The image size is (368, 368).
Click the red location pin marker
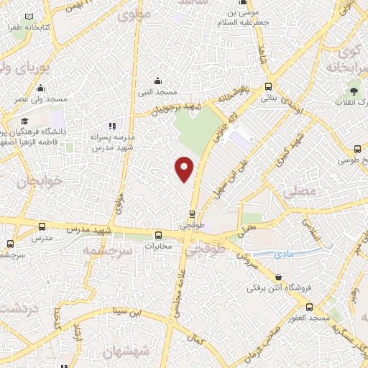(185, 168)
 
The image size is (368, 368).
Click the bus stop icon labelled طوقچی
(192, 213)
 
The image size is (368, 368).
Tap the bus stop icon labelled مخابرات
(159, 234)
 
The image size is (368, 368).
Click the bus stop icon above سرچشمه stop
(9, 244)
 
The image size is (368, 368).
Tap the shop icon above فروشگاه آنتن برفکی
(279, 277)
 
